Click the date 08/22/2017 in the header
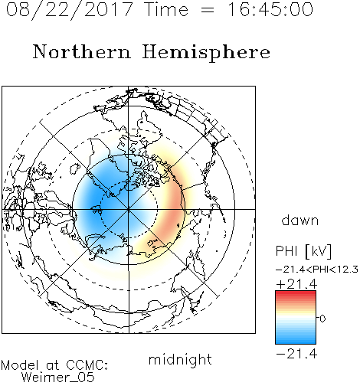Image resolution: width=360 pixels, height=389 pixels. point(69,10)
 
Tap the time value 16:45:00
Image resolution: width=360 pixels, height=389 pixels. point(270,10)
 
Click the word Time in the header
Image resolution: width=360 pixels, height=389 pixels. point(166,10)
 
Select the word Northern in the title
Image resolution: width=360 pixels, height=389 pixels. point(82,51)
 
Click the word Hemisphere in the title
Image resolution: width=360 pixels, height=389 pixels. point(206,53)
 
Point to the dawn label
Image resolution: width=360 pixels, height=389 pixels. point(300,220)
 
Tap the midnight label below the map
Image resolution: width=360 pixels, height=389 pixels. point(180,359)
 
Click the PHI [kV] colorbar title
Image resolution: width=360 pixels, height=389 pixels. point(303,251)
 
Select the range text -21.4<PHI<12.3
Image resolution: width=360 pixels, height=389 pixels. point(317,270)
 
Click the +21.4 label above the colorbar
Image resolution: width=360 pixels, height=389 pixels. point(296,284)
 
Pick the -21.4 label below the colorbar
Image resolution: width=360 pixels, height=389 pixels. point(296,354)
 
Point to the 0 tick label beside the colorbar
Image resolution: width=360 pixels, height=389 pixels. point(322,319)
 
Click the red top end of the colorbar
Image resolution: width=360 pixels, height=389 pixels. point(296,293)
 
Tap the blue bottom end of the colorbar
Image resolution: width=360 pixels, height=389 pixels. point(296,342)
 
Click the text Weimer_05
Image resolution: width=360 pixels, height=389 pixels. point(58,378)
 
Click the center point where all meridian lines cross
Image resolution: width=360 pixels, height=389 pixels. point(129,210)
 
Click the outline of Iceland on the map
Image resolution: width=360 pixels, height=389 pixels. point(74,168)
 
